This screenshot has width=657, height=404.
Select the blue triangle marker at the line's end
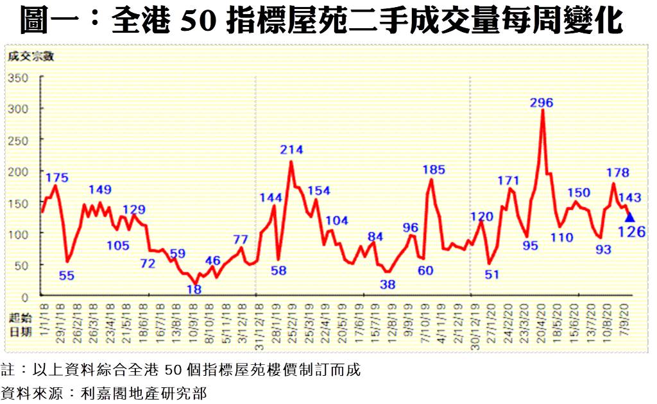click(629, 217)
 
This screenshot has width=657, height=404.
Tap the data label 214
click(291, 150)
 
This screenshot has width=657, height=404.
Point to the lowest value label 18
click(194, 290)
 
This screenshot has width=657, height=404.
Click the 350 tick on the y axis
click(19, 78)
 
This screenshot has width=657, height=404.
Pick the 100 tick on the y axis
click(19, 234)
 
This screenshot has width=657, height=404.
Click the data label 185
click(434, 170)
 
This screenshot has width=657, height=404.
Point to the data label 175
click(57, 178)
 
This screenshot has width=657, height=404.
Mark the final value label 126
click(632, 231)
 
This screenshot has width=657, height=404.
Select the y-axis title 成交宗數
click(31, 56)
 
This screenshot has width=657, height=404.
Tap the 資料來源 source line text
click(104, 392)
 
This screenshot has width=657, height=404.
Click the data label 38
click(387, 284)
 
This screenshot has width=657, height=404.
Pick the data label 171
click(509, 181)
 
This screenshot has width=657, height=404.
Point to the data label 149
click(99, 190)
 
